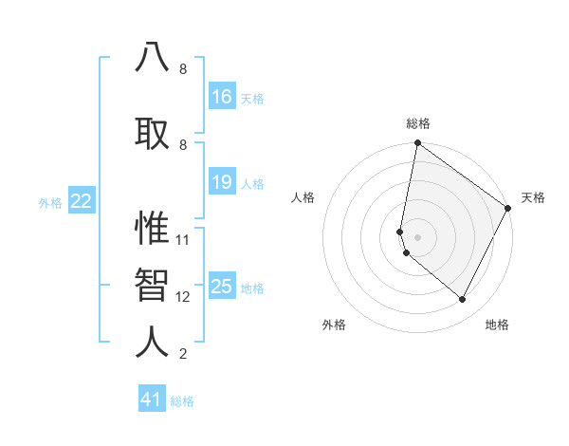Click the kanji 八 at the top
(153, 56)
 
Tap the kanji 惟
(153, 227)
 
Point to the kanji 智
(153, 284)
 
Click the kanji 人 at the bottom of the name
(153, 342)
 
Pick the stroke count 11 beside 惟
(183, 239)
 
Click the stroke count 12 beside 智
(183, 297)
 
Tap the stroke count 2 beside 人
(183, 355)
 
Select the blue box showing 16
(221, 97)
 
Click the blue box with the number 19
(221, 182)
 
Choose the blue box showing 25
(221, 287)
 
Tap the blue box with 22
(82, 200)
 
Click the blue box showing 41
(152, 400)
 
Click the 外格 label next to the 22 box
(50, 202)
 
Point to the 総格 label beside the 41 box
(182, 401)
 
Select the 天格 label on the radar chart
(533, 197)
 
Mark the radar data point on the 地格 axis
(463, 300)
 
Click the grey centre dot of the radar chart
(418, 236)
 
